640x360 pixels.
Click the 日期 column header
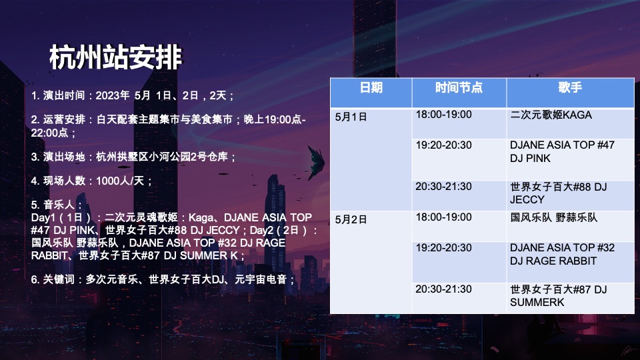371,87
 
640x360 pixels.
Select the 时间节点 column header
459,87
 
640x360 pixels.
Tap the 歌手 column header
570,87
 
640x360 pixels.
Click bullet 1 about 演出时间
133,96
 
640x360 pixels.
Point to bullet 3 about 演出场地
134,157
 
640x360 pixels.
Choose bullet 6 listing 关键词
163,280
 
